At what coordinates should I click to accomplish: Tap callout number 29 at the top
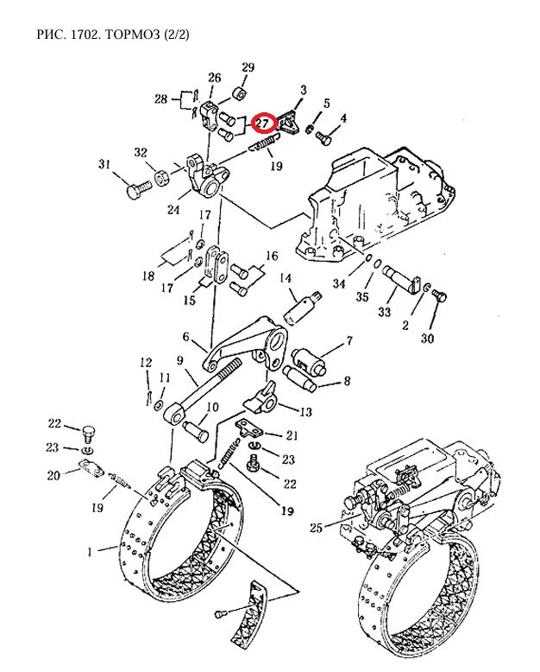point(248,67)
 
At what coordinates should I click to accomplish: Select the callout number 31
point(105,164)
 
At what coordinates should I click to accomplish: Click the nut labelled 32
point(160,180)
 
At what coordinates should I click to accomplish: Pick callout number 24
point(173,207)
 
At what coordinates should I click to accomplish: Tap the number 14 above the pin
point(286,277)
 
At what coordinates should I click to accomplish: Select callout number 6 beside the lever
point(185,338)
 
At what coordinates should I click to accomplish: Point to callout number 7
point(348,340)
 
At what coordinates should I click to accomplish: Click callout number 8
point(346,380)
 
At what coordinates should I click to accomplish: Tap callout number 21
point(292,435)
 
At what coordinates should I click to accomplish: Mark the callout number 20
point(53,474)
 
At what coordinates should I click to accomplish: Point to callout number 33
point(386,311)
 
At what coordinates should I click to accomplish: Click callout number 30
point(427,339)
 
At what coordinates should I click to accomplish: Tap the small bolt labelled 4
point(325,136)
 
